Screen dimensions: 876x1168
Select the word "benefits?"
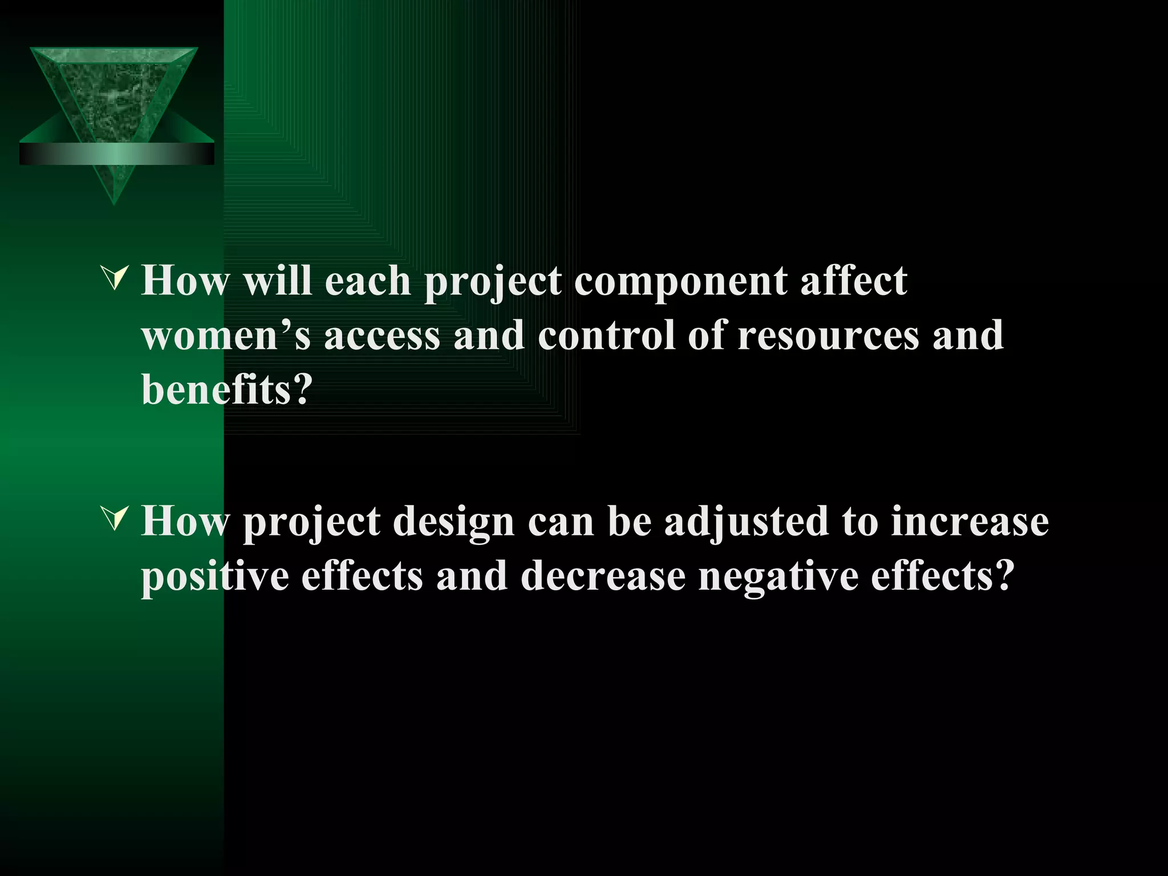227,390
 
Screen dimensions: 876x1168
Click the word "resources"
828,335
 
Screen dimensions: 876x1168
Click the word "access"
382,335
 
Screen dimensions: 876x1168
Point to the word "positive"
214,576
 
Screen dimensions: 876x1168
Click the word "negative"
778,576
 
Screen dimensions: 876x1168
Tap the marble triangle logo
114,91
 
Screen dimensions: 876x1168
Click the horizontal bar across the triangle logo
116,154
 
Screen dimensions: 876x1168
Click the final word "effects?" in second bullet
942,576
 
